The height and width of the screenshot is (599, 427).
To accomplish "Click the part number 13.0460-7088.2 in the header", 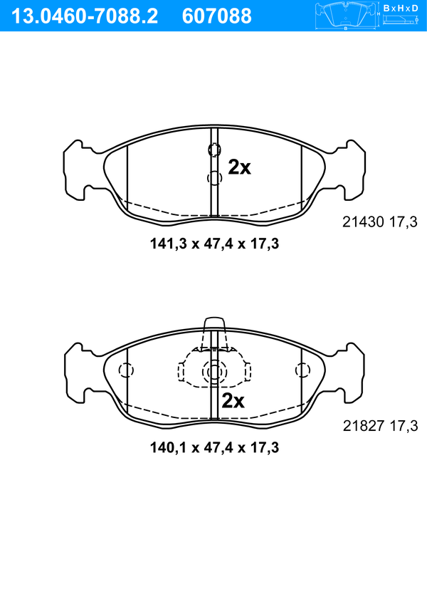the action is [x=85, y=16].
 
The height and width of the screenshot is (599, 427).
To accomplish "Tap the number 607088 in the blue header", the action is [x=217, y=16].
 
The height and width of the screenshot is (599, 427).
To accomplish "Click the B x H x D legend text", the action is [x=401, y=8].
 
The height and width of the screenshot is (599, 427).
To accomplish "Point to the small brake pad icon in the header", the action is [x=345, y=16].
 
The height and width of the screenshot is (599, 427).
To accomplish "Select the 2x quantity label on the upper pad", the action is [x=239, y=167].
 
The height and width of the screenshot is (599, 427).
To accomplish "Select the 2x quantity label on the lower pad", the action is [x=233, y=401].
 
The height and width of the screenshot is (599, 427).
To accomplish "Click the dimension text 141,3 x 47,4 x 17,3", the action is [x=214, y=244].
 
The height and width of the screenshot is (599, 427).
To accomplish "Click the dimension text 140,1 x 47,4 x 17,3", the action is [x=214, y=447].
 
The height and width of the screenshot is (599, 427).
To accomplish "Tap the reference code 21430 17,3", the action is [x=380, y=222].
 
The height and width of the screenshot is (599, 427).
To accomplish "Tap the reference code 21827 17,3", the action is [x=381, y=425].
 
